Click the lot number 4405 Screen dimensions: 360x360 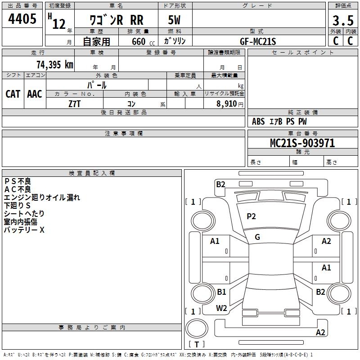point(22,20)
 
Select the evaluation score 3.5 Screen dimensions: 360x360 point(342,21)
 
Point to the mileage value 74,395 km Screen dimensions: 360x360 point(54,64)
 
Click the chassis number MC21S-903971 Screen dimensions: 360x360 point(302,143)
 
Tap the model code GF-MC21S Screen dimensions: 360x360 point(258,41)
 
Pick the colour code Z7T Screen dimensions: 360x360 point(74,103)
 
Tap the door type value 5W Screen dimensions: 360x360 point(175,21)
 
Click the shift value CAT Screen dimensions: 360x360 point(13,94)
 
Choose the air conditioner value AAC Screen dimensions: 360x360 point(35,94)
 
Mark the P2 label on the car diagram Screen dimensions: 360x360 point(251,216)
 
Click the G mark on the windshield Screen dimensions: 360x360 point(257,237)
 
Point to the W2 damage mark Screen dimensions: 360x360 point(221,308)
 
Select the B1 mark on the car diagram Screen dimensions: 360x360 point(221,292)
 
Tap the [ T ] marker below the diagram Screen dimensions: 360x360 point(197,345)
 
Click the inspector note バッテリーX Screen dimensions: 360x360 point(24,230)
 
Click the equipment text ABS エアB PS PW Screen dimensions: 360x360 point(279,121)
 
